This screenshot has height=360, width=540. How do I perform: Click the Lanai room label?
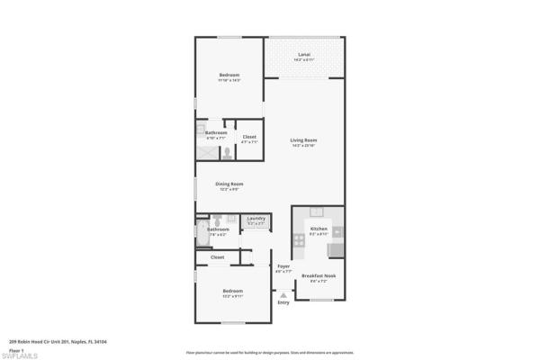(304, 55)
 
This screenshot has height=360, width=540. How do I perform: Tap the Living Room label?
(303, 140)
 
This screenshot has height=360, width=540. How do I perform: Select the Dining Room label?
(231, 184)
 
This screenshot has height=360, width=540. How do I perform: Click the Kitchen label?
(319, 229)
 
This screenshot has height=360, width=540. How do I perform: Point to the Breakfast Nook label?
(319, 275)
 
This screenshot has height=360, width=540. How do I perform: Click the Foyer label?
(283, 266)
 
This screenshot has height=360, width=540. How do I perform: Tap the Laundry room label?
(256, 218)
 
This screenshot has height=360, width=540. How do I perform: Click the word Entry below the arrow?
(283, 302)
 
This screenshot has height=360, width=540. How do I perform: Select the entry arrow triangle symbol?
(283, 293)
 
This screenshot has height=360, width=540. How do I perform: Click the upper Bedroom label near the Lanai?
(229, 75)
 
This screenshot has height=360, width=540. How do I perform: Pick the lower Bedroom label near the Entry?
(233, 291)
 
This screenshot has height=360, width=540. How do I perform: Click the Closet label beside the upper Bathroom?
(249, 137)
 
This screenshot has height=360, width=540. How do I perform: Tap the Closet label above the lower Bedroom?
(217, 257)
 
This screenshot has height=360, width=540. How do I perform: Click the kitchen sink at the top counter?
(317, 212)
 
